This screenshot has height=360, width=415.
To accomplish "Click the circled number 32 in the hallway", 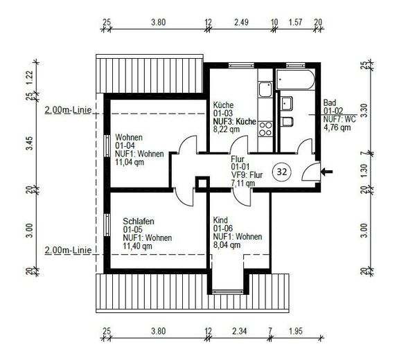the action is pyautogui.click(x=281, y=172).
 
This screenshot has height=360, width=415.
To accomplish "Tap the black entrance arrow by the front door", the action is pyautogui.click(x=326, y=172).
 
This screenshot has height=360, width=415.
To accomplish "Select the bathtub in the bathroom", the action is pyautogui.click(x=295, y=80).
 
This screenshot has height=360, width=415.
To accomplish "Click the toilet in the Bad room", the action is pyautogui.click(x=288, y=122).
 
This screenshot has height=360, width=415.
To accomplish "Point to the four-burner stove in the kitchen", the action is pyautogui.click(x=265, y=129).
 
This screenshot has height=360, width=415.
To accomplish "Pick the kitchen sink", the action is pyautogui.click(x=265, y=89).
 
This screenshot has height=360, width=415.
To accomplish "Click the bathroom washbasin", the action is pyautogui.click(x=287, y=103).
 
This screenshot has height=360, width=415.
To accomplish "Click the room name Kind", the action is pyautogui.click(x=220, y=220).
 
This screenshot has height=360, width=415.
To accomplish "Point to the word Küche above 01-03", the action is pyautogui.click(x=223, y=105).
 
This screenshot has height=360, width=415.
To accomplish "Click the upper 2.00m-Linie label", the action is pyautogui.click(x=68, y=110).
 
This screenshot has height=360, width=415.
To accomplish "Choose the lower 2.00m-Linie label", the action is pyautogui.click(x=68, y=250).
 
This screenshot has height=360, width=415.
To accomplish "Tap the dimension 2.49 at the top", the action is pyautogui.click(x=241, y=22).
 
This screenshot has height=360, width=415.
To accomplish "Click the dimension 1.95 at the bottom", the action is pyautogui.click(x=295, y=331).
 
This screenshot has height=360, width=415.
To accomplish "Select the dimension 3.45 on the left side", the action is pyautogui.click(x=29, y=143).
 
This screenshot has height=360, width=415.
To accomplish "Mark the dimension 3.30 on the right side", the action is pyautogui.click(x=364, y=110).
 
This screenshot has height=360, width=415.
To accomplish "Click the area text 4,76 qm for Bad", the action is pyautogui.click(x=337, y=127).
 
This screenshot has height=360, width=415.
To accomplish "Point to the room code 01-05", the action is pyautogui.click(x=132, y=229).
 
